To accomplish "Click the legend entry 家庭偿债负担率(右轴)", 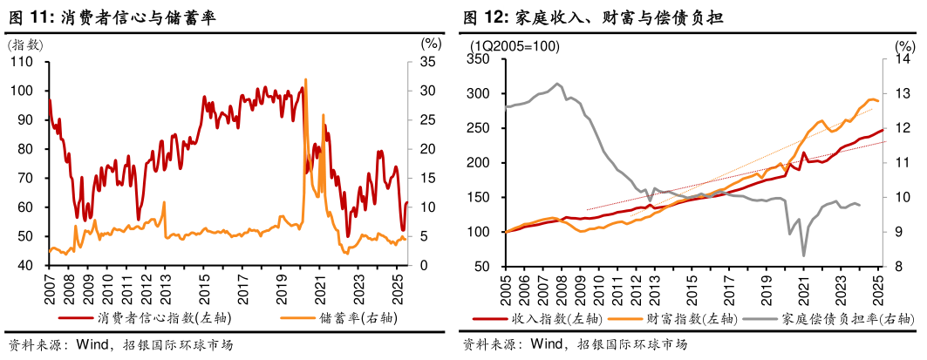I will click(x=829, y=319).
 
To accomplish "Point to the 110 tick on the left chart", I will click(x=22, y=62).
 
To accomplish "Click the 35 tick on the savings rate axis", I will click(x=426, y=62).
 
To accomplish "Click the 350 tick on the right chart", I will click(x=482, y=59).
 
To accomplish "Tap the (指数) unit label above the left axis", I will click(x=24, y=45).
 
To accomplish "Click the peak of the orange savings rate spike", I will click(x=305, y=79).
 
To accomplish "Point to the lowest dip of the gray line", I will click(x=803, y=255).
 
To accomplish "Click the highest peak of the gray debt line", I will click(x=557, y=84).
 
